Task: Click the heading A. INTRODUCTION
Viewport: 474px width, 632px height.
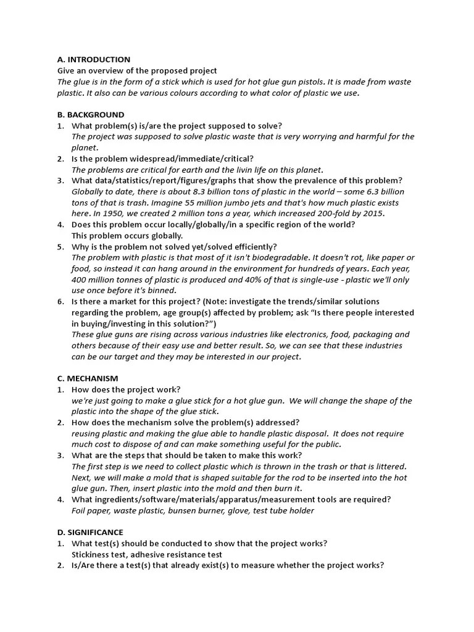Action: coord(93,60)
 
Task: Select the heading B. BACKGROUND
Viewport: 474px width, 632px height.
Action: coord(90,115)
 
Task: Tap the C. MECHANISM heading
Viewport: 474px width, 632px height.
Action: coord(88,378)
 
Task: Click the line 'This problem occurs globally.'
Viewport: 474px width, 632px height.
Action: coord(127,236)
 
